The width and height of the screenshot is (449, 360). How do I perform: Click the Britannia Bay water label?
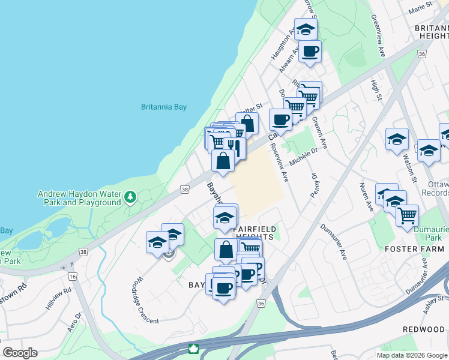click(164, 107)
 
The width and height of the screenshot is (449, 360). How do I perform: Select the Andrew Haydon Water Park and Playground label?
click(79, 199)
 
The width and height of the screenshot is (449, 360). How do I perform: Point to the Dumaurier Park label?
click(429, 233)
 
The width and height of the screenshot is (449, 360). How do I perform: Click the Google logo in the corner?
click(20, 353)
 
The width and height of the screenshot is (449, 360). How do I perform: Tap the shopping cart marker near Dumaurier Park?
click(407, 215)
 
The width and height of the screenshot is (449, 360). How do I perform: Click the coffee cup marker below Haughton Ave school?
click(310, 52)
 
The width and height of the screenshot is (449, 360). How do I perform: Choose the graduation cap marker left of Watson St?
click(396, 139)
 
